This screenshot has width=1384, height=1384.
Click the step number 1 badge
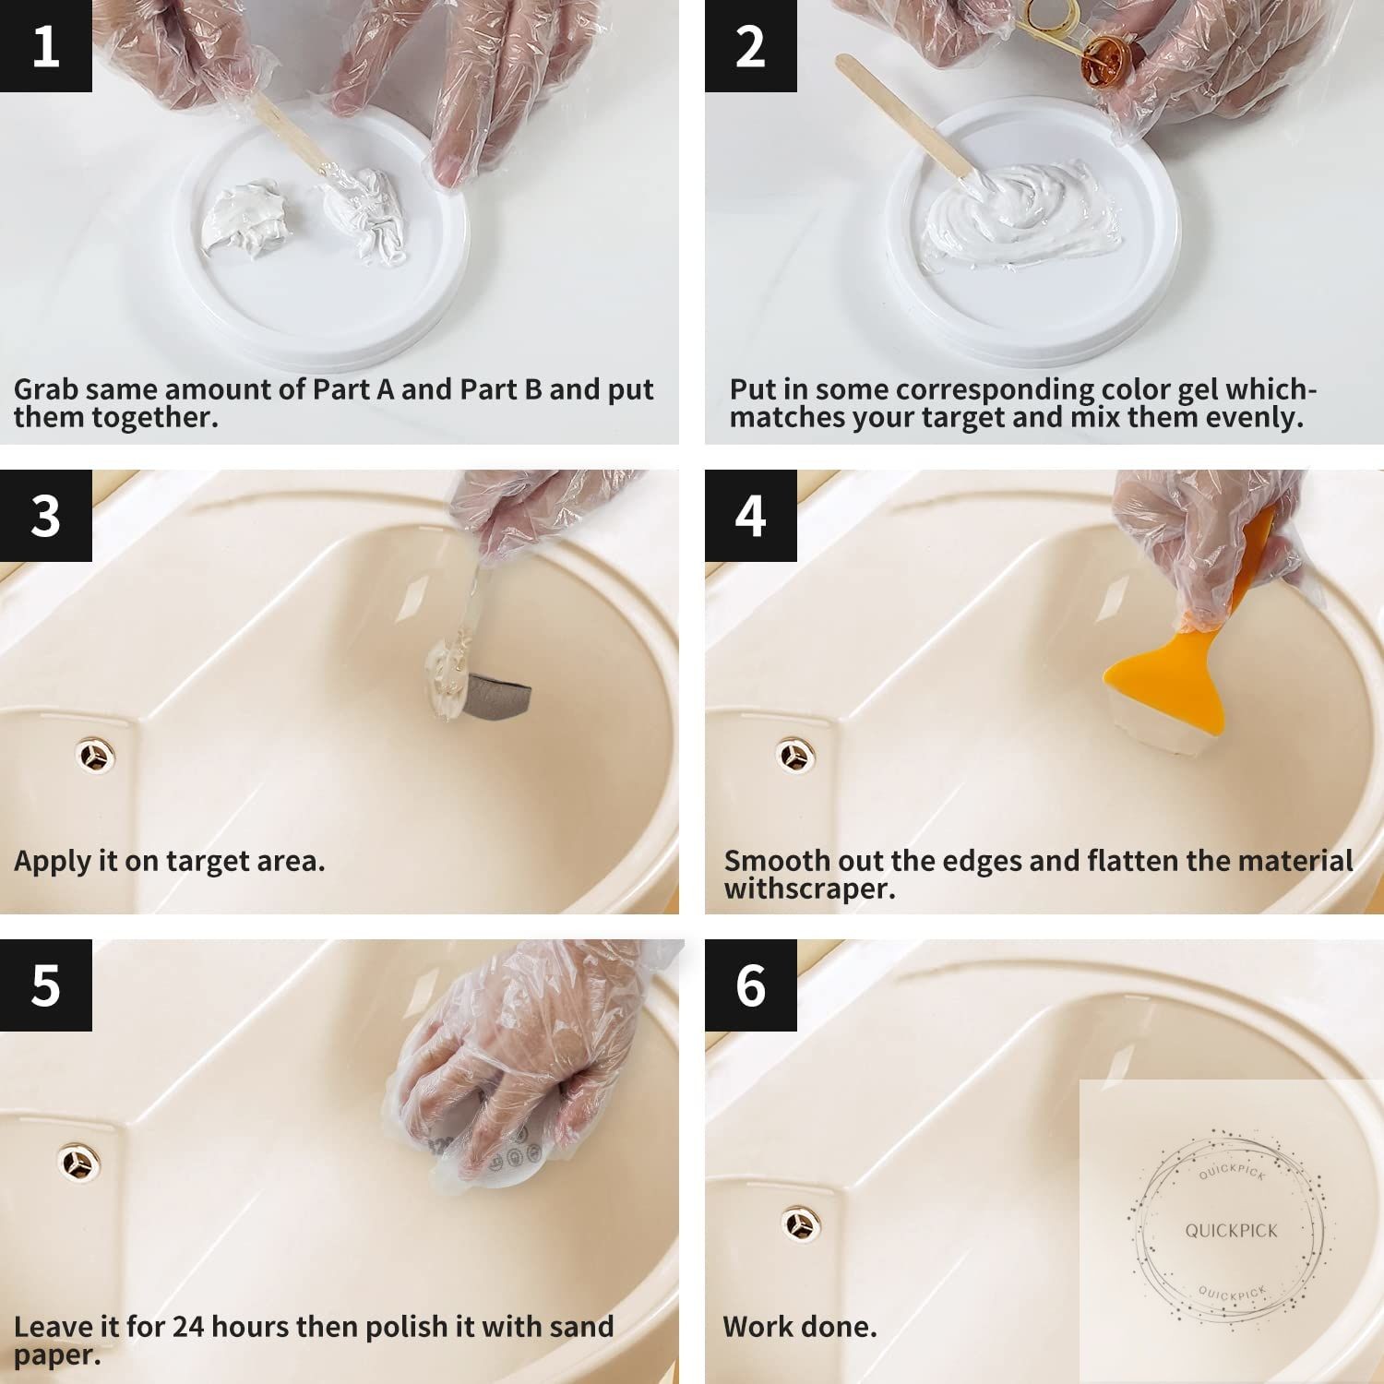click(x=46, y=46)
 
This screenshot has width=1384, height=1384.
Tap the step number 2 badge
click(x=750, y=46)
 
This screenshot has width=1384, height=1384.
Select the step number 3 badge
click(x=46, y=515)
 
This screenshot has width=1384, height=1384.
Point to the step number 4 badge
click(x=750, y=515)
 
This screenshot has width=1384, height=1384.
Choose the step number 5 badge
click(x=46, y=984)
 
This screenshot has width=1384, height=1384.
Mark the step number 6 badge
click(x=750, y=984)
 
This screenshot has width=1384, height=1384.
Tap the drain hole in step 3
click(x=94, y=757)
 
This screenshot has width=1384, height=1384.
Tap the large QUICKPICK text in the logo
click(x=1232, y=1231)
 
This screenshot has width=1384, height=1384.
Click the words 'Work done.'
click(x=800, y=1327)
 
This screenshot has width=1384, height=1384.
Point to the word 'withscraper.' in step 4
click(x=810, y=889)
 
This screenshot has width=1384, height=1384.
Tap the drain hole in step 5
click(x=80, y=1163)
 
